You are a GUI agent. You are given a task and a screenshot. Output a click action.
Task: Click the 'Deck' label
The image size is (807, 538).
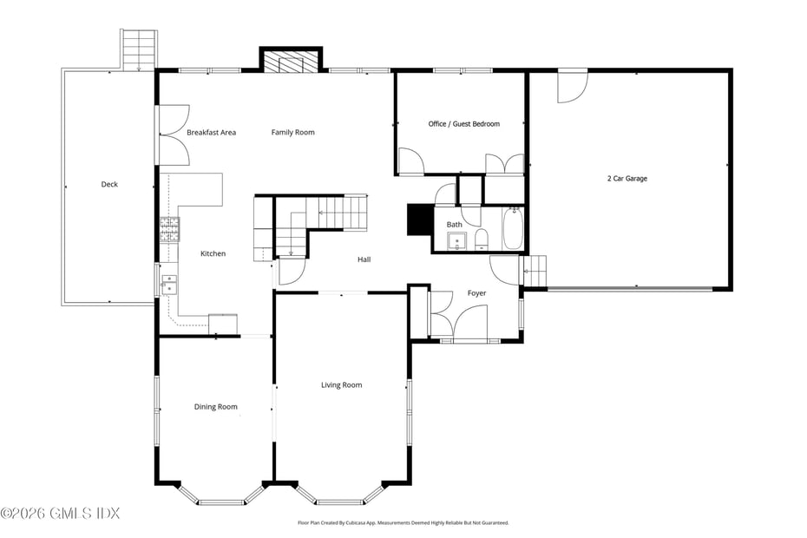click(x=108, y=184)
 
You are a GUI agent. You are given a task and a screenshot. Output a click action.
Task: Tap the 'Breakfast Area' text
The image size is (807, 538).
click(x=211, y=133)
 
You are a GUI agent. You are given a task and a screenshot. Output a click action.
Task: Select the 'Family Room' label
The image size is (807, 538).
click(x=292, y=133)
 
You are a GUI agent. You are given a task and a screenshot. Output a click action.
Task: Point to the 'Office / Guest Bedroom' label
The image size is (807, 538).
click(x=463, y=124)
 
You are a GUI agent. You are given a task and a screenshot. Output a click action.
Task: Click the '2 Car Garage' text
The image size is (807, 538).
click(x=627, y=179)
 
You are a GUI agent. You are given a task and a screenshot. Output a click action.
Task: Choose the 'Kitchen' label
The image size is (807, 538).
click(x=213, y=253)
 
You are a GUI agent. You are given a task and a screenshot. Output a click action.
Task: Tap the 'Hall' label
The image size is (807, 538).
click(x=364, y=259)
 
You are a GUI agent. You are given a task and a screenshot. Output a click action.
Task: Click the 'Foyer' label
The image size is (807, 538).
click(x=476, y=293)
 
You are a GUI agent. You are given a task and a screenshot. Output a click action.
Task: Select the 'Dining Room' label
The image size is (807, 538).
click(x=215, y=407)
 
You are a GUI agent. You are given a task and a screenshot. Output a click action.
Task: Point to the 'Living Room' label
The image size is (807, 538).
click(x=341, y=385)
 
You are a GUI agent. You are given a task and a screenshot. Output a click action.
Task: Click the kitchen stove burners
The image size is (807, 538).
click(x=168, y=228)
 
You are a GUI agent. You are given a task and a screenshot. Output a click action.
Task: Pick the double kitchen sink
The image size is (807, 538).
click(x=168, y=284)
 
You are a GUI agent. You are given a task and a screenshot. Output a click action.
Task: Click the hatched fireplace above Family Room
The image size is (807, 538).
click(x=291, y=62)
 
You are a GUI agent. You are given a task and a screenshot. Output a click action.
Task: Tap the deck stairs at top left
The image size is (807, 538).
click(x=139, y=49)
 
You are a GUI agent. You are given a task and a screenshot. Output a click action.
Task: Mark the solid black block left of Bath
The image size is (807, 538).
click(x=419, y=220)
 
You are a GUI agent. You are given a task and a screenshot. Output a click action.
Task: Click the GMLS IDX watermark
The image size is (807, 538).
click(x=60, y=513)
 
